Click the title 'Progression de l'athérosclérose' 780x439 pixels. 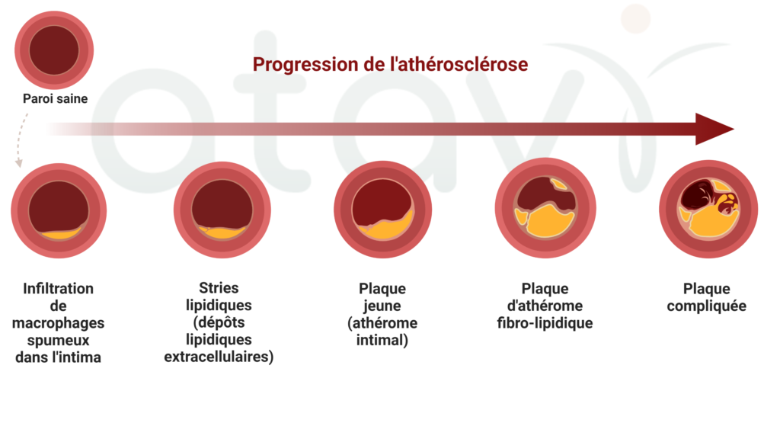pos(390,64)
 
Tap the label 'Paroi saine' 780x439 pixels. pos(55,98)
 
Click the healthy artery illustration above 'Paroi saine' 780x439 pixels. pos(54,50)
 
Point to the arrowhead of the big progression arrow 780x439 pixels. pos(714,129)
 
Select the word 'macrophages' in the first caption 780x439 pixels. pos(58,323)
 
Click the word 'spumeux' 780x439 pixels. pos(58,341)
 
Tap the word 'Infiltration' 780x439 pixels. pos(58,289)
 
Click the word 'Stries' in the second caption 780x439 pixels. pos(219,287)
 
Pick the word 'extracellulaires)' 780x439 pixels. pos(219,357)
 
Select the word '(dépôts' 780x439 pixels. pos(219,322)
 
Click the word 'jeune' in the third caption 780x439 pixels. pos(382,306)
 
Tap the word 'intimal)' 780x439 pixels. pos(382,341)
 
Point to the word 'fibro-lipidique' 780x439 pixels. pos(545,323)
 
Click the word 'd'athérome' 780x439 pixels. pos(545,306)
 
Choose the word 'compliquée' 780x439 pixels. pos(706,306)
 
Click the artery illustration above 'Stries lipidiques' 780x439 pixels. pos(222,210)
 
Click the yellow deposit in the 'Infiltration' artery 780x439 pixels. pos(60,233)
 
